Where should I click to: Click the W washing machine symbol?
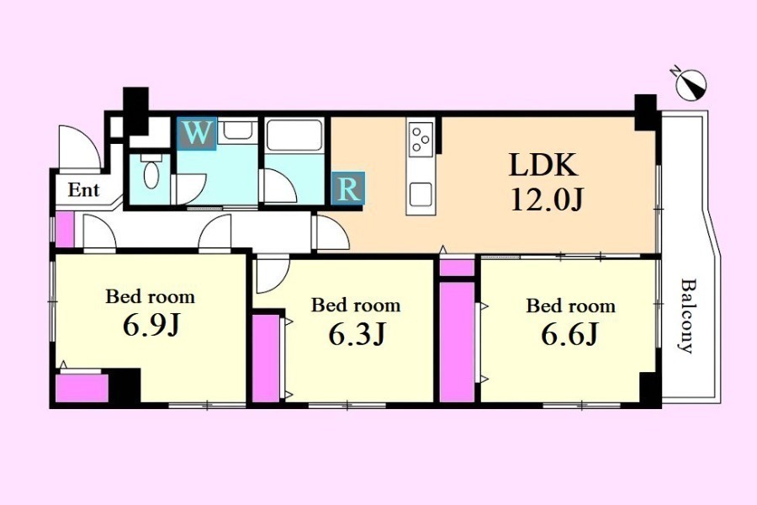(197, 133)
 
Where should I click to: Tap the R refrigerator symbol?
(348, 188)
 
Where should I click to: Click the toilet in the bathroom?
(151, 172)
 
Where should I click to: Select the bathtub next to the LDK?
(294, 135)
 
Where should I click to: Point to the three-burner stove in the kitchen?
(420, 139)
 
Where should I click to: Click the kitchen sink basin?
(421, 194)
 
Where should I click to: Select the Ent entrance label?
(83, 190)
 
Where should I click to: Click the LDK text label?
(543, 165)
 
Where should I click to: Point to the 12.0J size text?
(548, 199)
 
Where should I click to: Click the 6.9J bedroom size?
(151, 325)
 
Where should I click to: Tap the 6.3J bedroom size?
(357, 334)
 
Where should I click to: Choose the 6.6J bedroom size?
(570, 334)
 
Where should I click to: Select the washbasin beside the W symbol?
(237, 131)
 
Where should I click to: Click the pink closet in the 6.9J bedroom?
(82, 387)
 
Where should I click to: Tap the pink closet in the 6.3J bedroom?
(266, 358)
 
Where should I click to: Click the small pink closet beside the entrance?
(65, 230)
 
